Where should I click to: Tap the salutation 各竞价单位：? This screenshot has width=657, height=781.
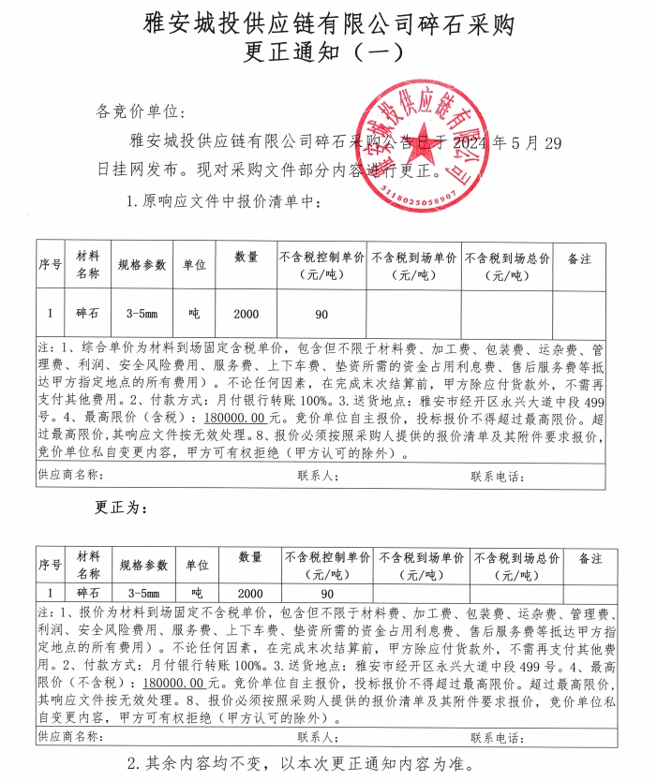click(138, 112)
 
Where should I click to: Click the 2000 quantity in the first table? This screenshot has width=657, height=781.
click(246, 314)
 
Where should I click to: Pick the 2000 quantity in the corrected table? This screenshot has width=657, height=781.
click(250, 594)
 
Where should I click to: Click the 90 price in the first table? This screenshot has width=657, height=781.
click(321, 314)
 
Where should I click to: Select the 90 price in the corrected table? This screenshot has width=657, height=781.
click(327, 594)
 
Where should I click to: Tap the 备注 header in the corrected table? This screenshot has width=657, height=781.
click(590, 559)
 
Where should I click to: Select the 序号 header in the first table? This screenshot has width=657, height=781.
click(50, 265)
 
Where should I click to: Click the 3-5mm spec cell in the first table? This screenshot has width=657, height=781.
click(142, 314)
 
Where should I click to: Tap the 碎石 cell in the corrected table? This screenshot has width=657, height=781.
click(88, 594)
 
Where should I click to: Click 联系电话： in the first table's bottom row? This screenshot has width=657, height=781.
click(496, 476)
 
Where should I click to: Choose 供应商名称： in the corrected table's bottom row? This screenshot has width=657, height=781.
click(69, 737)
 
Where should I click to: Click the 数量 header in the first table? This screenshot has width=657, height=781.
click(246, 258)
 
